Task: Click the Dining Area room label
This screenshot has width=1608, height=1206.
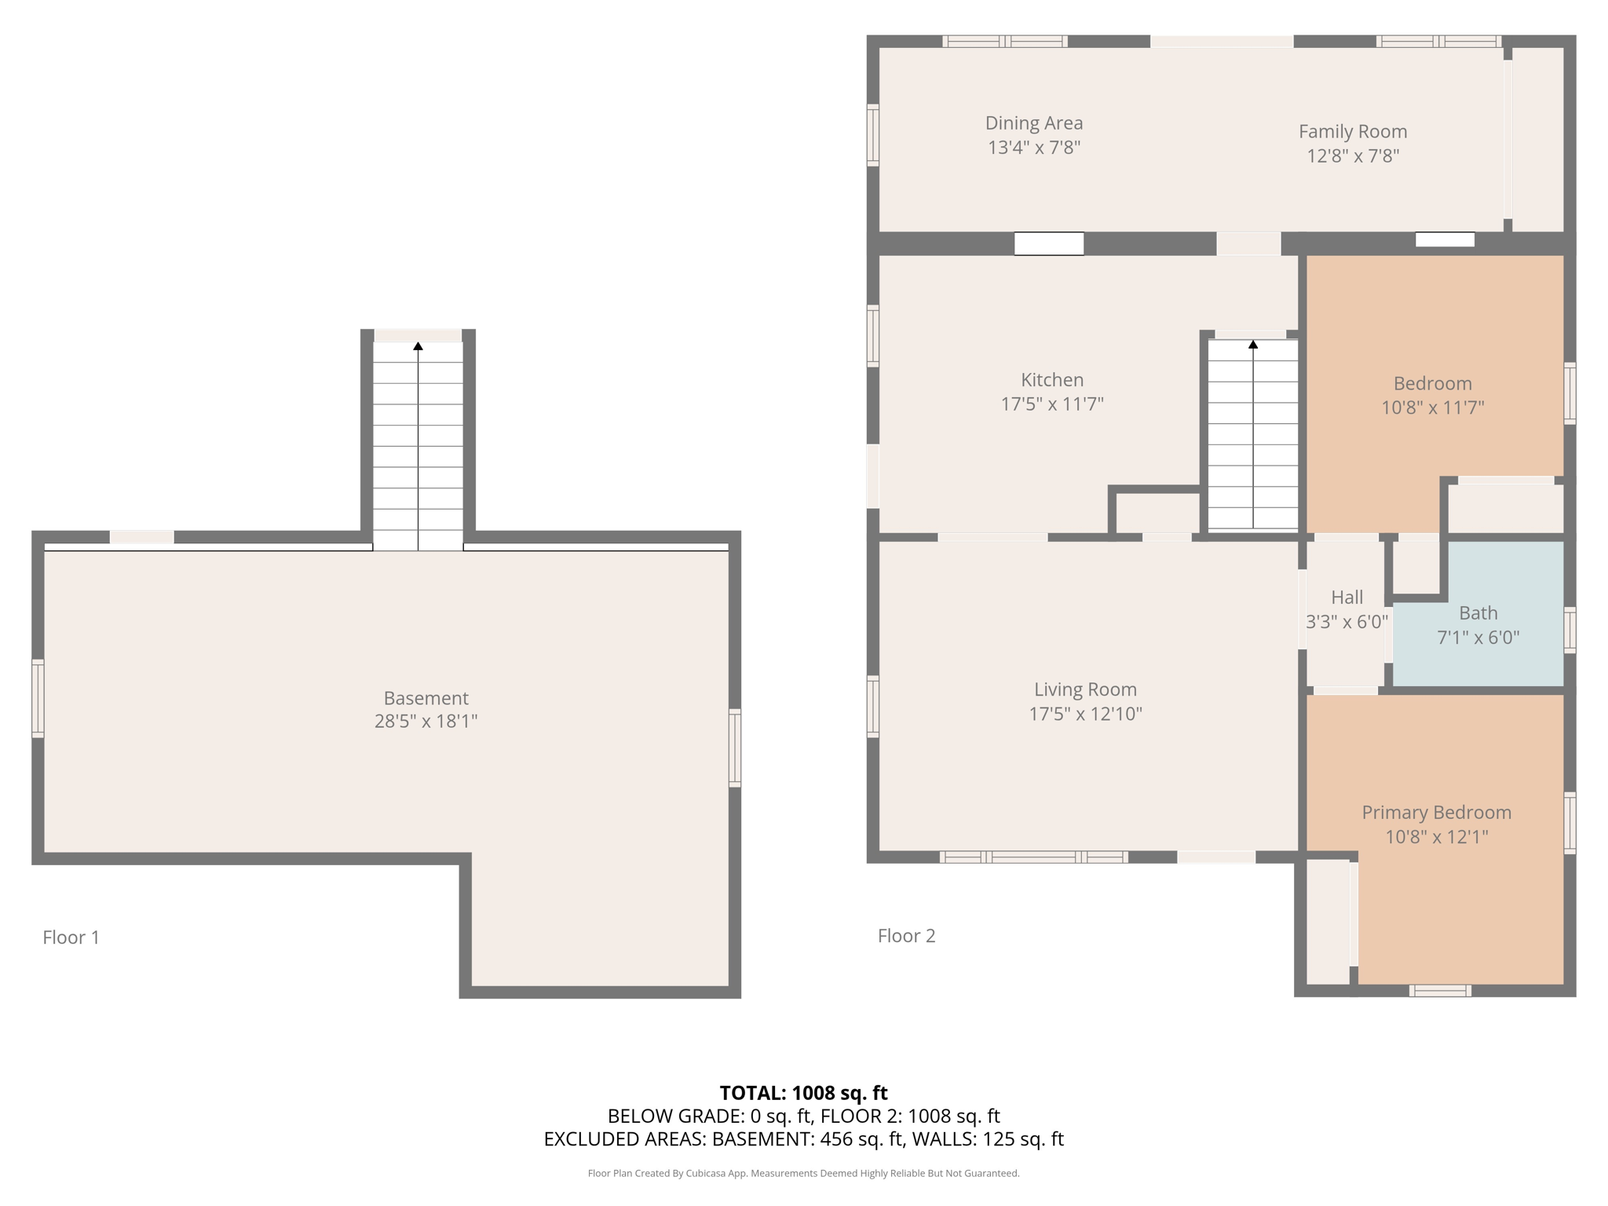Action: pyautogui.click(x=1033, y=123)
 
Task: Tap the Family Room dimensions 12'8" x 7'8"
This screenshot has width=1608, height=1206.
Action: pyautogui.click(x=1352, y=155)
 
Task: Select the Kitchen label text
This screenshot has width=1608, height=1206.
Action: pyautogui.click(x=1052, y=380)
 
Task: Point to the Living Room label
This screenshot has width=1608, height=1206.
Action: pyautogui.click(x=1085, y=689)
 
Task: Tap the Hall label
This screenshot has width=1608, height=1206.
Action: pyautogui.click(x=1347, y=598)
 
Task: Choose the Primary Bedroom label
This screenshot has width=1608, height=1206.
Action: pyautogui.click(x=1436, y=813)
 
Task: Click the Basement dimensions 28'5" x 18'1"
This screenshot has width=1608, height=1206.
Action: pyautogui.click(x=426, y=721)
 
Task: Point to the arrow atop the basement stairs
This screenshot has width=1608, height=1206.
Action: pyautogui.click(x=418, y=346)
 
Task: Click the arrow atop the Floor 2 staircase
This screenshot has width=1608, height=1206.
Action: pyautogui.click(x=1253, y=345)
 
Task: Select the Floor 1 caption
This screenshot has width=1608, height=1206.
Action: pyautogui.click(x=71, y=937)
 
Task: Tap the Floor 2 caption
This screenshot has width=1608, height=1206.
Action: pyautogui.click(x=906, y=935)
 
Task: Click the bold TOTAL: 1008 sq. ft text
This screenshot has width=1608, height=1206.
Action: pyautogui.click(x=803, y=1093)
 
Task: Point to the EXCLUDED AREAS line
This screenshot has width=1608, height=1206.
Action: pyautogui.click(x=803, y=1139)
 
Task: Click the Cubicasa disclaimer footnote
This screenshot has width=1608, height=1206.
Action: pyautogui.click(x=803, y=1174)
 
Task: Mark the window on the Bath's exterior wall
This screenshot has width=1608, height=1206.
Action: pyautogui.click(x=1570, y=629)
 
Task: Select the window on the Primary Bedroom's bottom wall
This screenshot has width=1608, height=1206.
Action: pyautogui.click(x=1440, y=991)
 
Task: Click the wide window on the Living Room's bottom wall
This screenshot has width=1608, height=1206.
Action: pyautogui.click(x=1034, y=857)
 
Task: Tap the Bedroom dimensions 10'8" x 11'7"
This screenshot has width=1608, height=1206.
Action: pyautogui.click(x=1432, y=407)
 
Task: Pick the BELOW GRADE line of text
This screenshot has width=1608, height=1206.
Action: pyautogui.click(x=803, y=1116)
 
